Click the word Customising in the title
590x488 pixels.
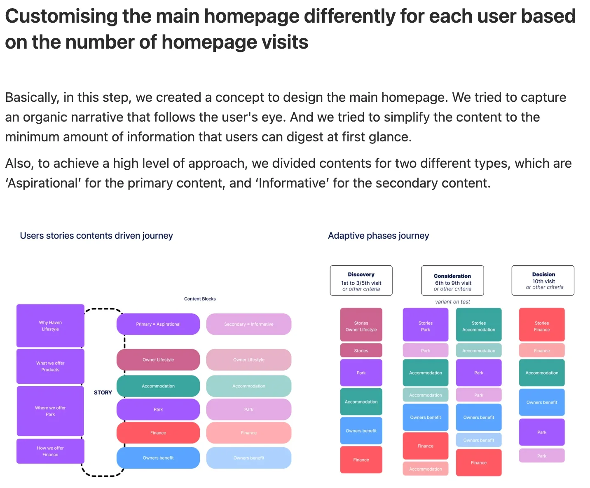(x=61, y=17)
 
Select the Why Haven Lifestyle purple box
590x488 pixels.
(x=50, y=326)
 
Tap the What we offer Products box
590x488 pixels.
(x=50, y=366)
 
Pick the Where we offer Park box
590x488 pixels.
(x=50, y=411)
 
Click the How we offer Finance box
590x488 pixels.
(x=50, y=451)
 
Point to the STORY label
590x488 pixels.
(x=103, y=392)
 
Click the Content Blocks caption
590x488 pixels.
(x=200, y=299)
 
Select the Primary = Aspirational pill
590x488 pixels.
(x=158, y=324)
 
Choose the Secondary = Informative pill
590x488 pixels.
(x=249, y=324)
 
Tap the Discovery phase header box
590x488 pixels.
(x=361, y=281)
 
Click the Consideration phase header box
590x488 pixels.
(x=452, y=281)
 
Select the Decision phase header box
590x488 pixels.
(x=543, y=280)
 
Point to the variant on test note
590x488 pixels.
(x=452, y=302)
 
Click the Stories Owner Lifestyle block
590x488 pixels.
(x=361, y=326)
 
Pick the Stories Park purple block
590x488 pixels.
(x=425, y=326)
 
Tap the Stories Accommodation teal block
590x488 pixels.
(x=479, y=326)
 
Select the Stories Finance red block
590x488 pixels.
(x=542, y=326)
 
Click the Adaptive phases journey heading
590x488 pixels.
(x=378, y=236)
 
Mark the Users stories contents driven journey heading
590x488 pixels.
(x=96, y=236)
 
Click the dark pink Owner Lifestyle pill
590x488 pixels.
(x=158, y=360)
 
